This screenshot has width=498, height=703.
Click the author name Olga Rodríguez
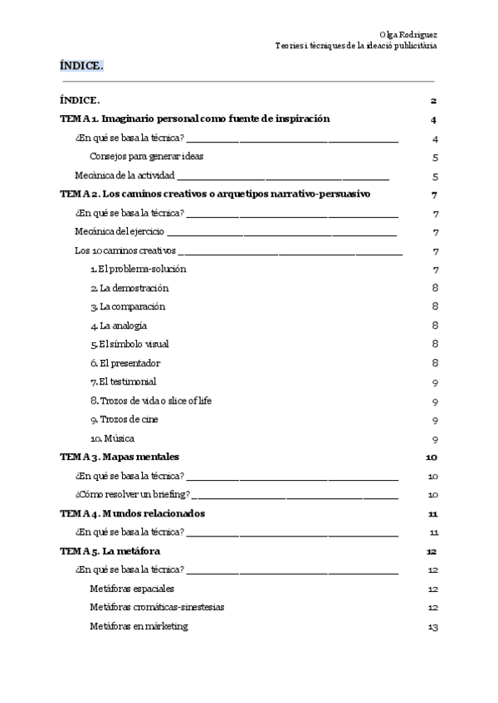point(408,34)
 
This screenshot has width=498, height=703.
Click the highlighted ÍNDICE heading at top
point(81,65)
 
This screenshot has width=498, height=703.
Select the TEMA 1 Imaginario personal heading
point(195,119)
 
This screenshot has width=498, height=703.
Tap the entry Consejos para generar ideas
point(147,156)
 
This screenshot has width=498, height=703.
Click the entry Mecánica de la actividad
point(124,175)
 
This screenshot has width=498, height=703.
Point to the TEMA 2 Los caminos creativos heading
point(215,194)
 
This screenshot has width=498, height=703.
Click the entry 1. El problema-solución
point(138,269)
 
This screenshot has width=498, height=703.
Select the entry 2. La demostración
point(129,288)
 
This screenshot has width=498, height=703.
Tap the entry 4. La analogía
point(119,326)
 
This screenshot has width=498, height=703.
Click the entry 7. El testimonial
point(124,382)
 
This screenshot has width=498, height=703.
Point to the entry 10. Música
point(112,439)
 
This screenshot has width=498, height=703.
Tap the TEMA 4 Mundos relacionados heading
point(133,513)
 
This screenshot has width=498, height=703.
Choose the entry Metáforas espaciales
point(132,589)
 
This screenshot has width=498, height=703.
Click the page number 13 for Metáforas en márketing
point(432,627)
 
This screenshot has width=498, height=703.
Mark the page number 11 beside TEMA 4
point(432,514)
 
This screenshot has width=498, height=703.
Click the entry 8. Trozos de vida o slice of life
point(151,400)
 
